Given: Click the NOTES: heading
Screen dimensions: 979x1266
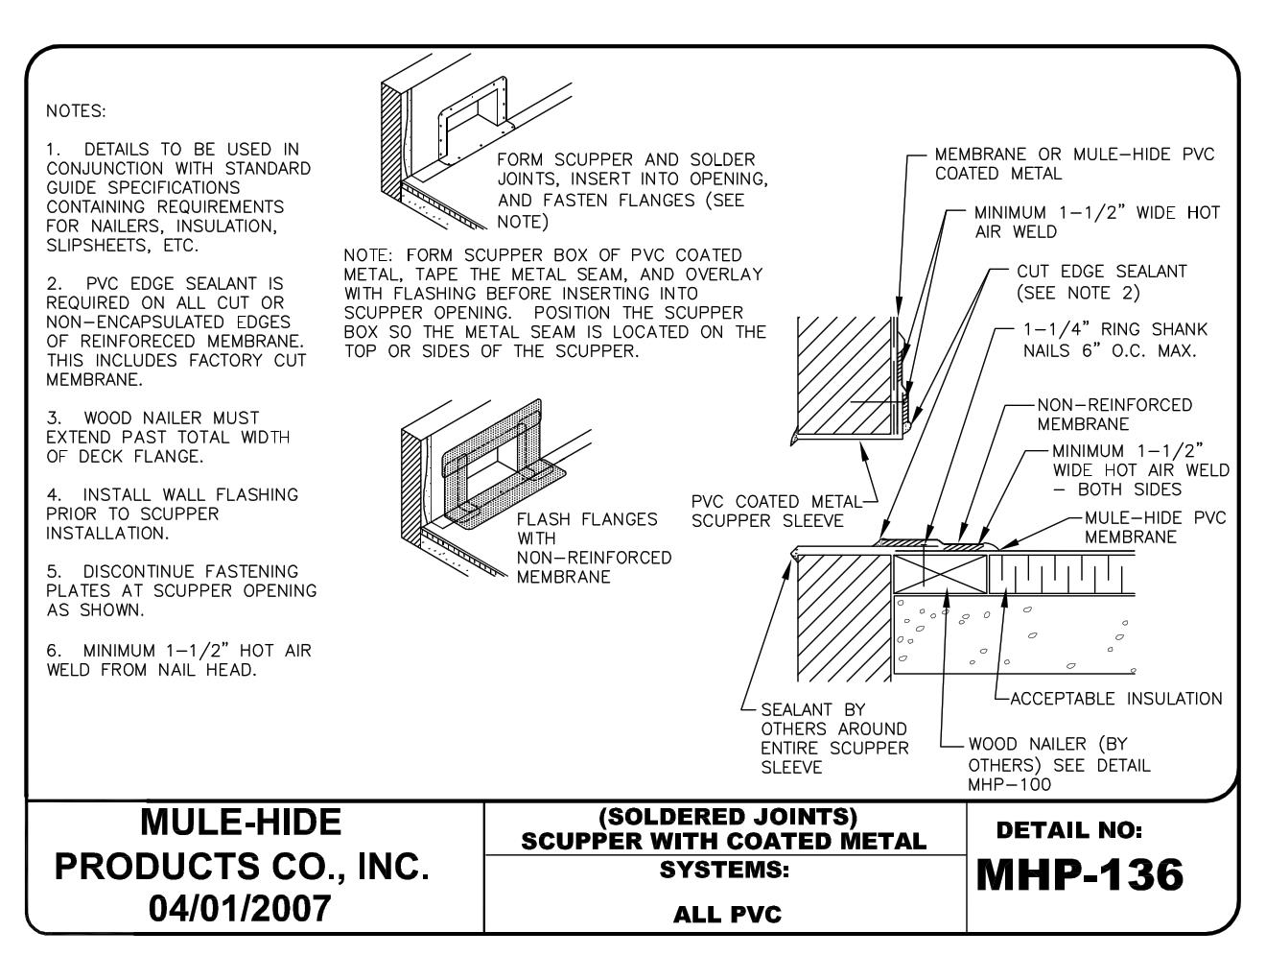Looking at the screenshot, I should coord(75,110).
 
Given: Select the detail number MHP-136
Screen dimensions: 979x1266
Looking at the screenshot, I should coord(1079,874).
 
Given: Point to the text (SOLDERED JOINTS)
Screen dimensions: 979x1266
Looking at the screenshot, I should coord(726,817).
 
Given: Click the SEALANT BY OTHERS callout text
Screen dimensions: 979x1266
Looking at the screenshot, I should coord(832,739).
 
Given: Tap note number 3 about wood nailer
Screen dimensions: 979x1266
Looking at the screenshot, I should coord(168,437).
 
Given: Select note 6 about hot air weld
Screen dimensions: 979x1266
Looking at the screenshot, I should coord(178,659).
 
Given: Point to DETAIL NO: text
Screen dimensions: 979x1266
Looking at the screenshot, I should coord(1068,828).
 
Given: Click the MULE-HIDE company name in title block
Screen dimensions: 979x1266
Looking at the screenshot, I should coord(240,822).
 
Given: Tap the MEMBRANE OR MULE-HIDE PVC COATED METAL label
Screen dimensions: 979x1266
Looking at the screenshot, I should coord(1074,163).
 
